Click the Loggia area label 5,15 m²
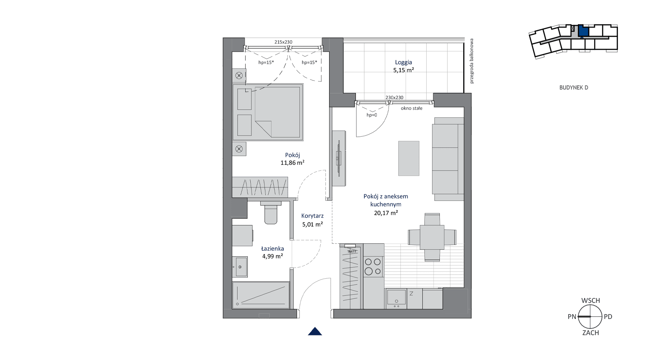[x=404, y=70]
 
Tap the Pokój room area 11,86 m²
[x=292, y=163]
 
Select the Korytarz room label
[x=312, y=216]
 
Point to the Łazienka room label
[x=272, y=249]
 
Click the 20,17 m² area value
[x=386, y=213]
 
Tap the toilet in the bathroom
[x=271, y=212]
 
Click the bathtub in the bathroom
[x=261, y=295]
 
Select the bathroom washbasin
[x=240, y=267]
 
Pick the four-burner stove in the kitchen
[x=373, y=267]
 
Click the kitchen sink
[x=396, y=298]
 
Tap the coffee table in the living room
[x=409, y=158]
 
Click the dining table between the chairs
[x=432, y=237]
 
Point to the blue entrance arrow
[x=315, y=331]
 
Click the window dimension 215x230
[x=283, y=42]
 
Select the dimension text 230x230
[x=394, y=98]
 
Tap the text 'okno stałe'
[x=412, y=108]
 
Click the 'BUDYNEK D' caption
[x=574, y=88]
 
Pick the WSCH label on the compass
[x=590, y=301]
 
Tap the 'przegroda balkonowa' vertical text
[x=472, y=61]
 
